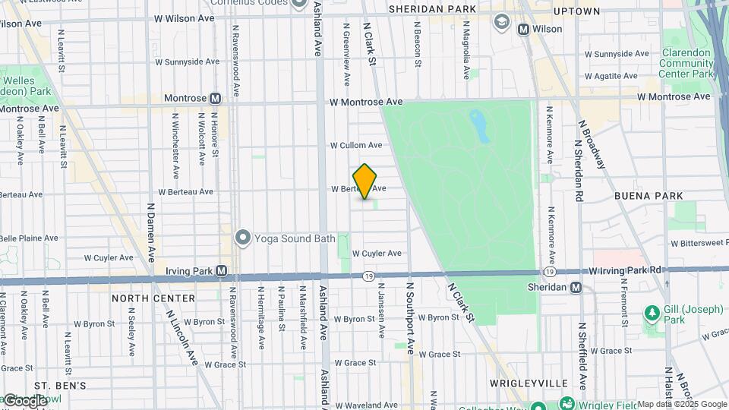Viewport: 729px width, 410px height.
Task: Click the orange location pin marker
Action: click(365, 181)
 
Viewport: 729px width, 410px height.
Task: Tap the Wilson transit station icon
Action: click(523, 29)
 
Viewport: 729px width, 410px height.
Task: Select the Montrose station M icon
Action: click(216, 98)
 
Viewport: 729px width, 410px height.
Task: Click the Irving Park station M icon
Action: click(221, 270)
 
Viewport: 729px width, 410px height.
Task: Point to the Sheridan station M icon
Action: click(576, 288)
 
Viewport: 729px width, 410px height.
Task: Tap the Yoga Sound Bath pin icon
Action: click(243, 238)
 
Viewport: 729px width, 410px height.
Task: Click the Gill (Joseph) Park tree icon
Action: click(651, 312)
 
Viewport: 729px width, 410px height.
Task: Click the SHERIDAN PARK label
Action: click(432, 9)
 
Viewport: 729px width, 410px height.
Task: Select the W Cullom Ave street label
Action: click(356, 145)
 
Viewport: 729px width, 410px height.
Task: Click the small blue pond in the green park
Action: click(479, 125)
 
